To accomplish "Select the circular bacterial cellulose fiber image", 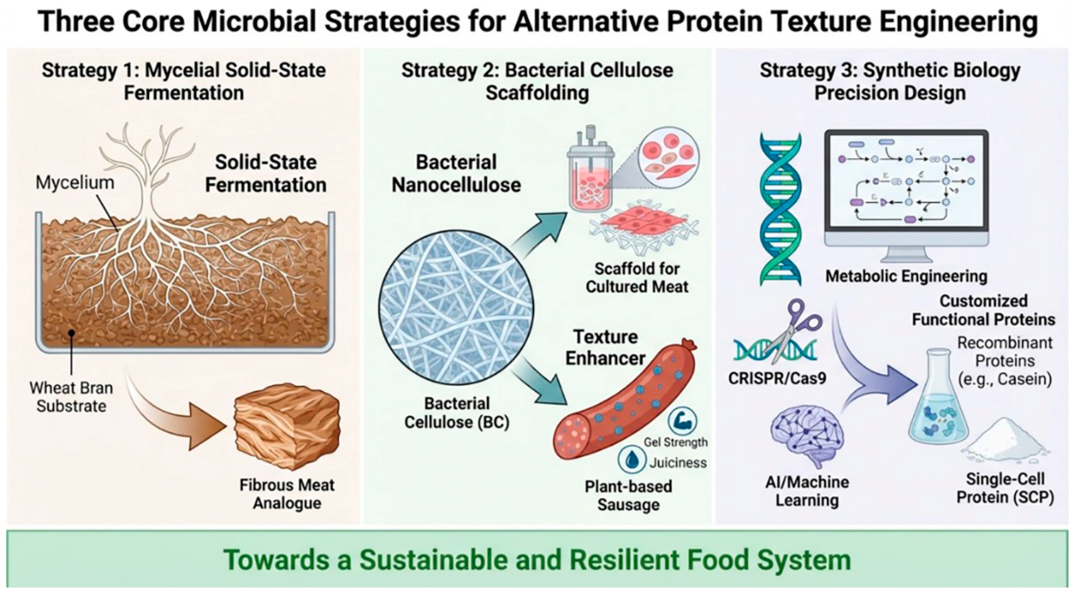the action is (x=456, y=308).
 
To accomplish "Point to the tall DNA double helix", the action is (x=780, y=209).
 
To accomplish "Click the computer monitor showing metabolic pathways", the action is (x=906, y=190).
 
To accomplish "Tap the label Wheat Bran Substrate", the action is (x=71, y=397).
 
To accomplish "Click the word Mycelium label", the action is (x=75, y=183).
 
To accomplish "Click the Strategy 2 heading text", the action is (x=537, y=81).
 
